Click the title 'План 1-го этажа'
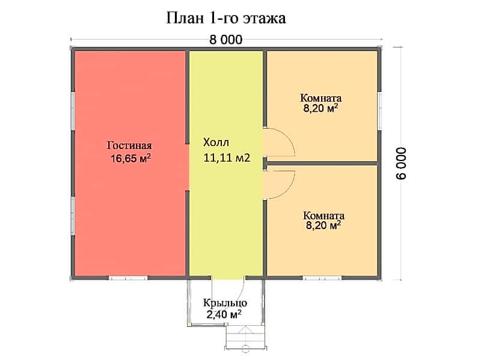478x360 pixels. tap(226, 19)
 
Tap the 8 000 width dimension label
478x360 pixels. tap(226, 40)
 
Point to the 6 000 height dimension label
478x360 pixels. tap(401, 163)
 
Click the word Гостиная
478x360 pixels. tap(129, 145)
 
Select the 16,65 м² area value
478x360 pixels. tap(131, 158)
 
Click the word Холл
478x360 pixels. tap(216, 142)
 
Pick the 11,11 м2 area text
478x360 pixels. tap(227, 157)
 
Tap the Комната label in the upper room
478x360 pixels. tap(320, 98)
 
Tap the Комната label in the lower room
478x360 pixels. tap(323, 216)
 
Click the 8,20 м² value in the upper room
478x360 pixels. tap(320, 108)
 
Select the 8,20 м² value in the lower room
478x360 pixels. tap(323, 225)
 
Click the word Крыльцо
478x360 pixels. tap(225, 304)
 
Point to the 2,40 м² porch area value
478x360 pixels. tap(224, 314)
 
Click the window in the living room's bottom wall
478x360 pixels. tap(128, 278)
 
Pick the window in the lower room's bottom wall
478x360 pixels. tap(322, 278)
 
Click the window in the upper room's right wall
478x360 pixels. tap(379, 111)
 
